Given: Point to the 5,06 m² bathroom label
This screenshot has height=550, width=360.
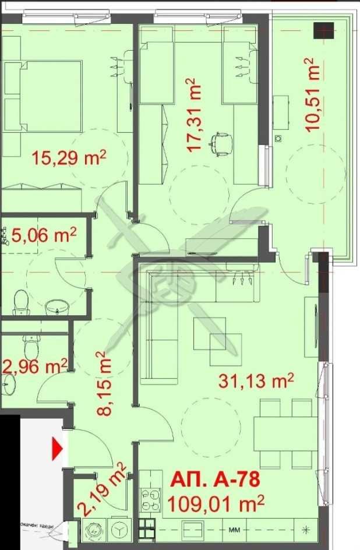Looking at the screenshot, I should [x=44, y=235].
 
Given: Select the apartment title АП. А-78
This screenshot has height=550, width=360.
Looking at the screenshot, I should [x=214, y=481].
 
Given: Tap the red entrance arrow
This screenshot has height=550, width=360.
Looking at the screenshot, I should [x=58, y=449].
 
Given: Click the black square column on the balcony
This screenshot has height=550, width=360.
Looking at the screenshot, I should [x=323, y=30].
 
